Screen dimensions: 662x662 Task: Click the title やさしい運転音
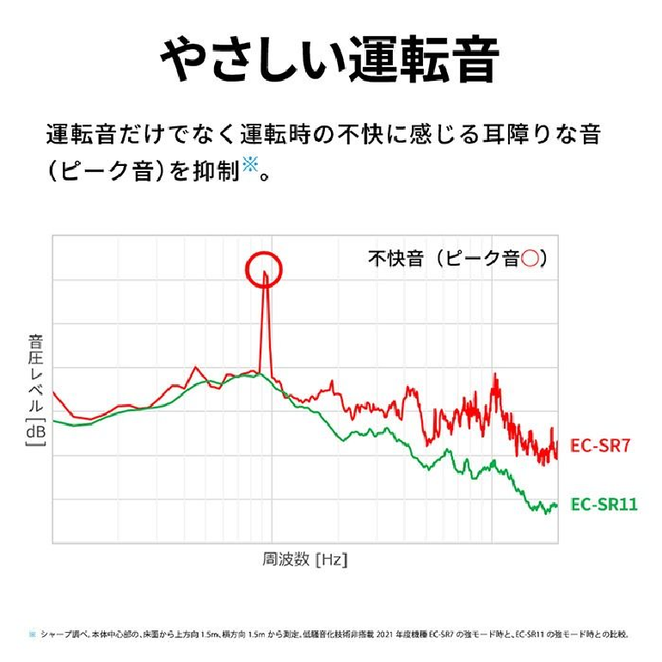pos(330,59)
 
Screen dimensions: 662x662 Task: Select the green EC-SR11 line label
pos(604,504)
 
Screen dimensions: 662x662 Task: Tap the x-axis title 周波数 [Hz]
pos(304,560)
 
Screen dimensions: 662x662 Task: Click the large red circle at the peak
pos(264,270)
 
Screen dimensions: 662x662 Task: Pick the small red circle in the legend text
pos(530,258)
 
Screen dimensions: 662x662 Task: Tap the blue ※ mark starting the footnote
pos(33,634)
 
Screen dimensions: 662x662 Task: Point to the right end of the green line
pos(557,505)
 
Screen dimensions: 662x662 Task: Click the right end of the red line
pos(557,447)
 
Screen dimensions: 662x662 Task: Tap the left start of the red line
pos(53,392)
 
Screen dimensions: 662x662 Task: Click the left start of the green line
pos(53,420)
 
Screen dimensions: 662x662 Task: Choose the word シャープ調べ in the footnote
pos(60,634)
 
